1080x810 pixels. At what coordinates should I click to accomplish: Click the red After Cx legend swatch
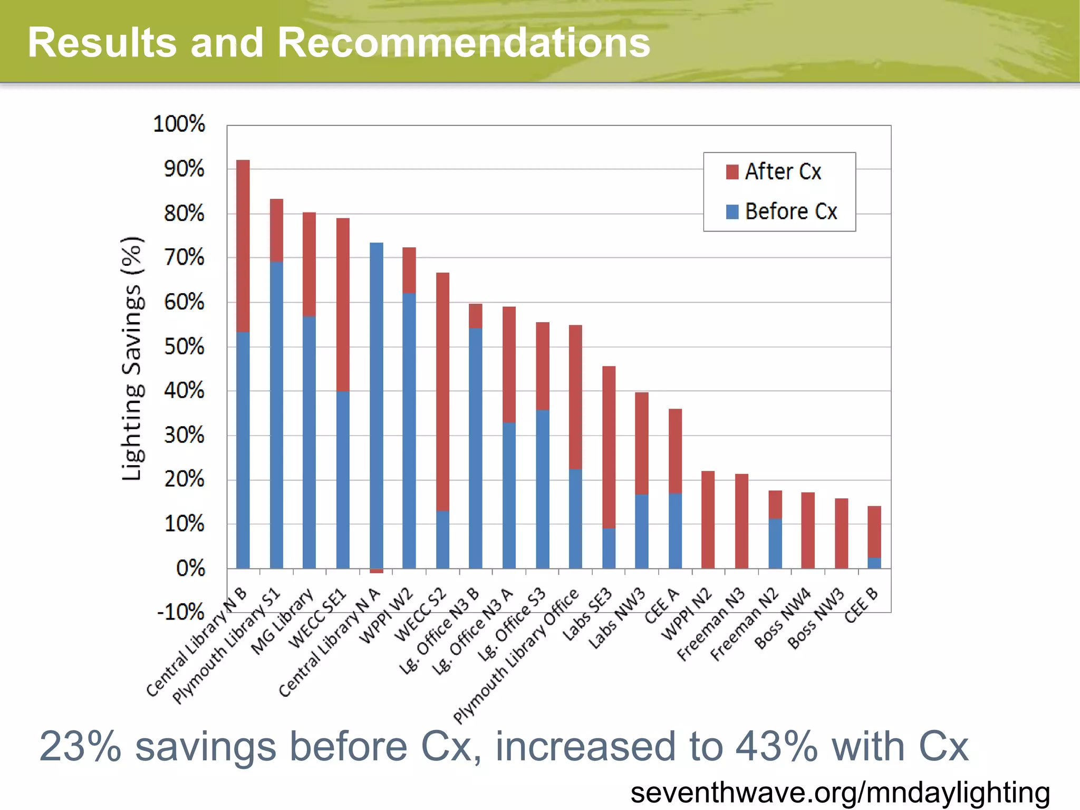pyautogui.click(x=732, y=172)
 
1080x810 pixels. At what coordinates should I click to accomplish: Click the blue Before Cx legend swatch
pyautogui.click(x=732, y=211)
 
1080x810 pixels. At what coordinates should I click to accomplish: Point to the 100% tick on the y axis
pyautogui.click(x=179, y=124)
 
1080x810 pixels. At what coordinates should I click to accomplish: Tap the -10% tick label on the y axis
pyautogui.click(x=181, y=612)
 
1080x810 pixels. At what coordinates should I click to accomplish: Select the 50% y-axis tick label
pyautogui.click(x=184, y=347)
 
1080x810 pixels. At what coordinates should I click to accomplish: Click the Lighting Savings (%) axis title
pyautogui.click(x=132, y=359)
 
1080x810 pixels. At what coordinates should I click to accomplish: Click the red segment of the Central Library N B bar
pyautogui.click(x=243, y=245)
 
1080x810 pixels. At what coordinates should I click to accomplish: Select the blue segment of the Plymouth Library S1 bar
pyautogui.click(x=276, y=414)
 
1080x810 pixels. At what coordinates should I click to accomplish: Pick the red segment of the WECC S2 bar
pyautogui.click(x=443, y=391)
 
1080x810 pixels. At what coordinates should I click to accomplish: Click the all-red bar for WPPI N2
pyautogui.click(x=708, y=519)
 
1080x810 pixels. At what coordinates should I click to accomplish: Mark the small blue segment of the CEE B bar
pyautogui.click(x=874, y=563)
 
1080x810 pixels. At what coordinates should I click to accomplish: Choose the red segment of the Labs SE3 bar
pyautogui.click(x=609, y=447)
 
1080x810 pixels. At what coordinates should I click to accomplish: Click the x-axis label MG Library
pyautogui.click(x=283, y=622)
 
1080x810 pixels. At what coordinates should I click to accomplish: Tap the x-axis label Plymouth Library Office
pyautogui.click(x=517, y=657)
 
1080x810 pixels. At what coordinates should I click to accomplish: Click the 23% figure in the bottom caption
pyautogui.click(x=81, y=747)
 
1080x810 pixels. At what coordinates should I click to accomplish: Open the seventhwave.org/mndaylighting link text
pyautogui.click(x=840, y=793)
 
